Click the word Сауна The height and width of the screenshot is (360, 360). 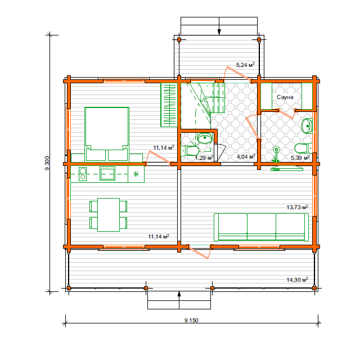(285, 97)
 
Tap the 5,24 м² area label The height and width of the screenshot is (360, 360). (245, 65)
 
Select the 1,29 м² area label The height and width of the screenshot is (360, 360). (204, 157)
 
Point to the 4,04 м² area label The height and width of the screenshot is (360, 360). (246, 156)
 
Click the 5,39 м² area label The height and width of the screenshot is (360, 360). (300, 157)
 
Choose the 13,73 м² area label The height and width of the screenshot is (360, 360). (298, 207)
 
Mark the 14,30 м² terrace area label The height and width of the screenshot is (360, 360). (298, 280)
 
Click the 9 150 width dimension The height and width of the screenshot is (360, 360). (191, 320)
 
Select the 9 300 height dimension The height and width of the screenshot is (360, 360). (47, 163)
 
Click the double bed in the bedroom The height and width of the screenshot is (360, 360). (107, 134)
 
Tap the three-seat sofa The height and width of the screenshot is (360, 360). (261, 227)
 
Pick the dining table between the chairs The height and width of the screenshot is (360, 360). (109, 215)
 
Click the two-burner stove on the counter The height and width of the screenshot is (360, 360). (83, 174)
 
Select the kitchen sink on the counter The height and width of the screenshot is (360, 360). (107, 174)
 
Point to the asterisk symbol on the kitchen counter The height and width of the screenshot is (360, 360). (136, 174)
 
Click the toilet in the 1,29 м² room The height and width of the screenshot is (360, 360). (191, 151)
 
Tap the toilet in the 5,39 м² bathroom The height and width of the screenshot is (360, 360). (303, 148)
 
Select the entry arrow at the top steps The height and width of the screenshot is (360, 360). (219, 26)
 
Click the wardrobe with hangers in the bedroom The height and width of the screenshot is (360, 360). (169, 105)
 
